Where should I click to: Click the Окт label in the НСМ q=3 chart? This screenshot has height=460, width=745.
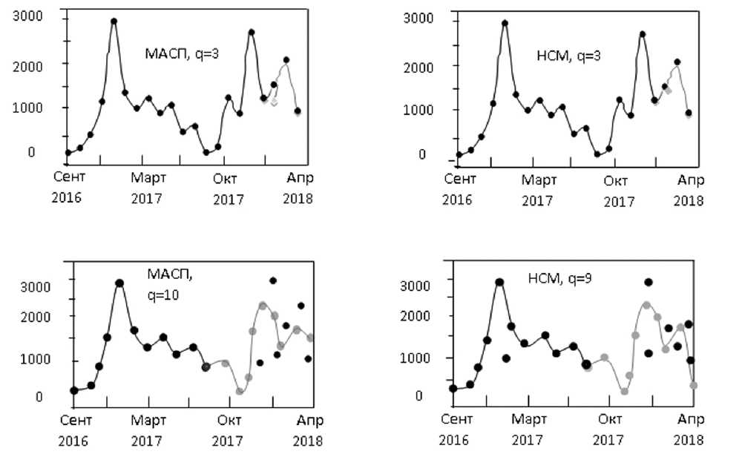(x=614, y=180)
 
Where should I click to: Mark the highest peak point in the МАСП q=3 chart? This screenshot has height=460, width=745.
(x=114, y=21)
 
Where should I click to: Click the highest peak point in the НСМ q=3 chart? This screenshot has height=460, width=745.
(x=505, y=23)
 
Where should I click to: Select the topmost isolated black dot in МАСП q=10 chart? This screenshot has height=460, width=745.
(x=273, y=280)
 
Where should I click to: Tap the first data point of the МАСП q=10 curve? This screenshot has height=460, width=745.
(x=74, y=390)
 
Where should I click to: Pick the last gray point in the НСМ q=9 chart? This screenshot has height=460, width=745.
(x=694, y=385)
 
